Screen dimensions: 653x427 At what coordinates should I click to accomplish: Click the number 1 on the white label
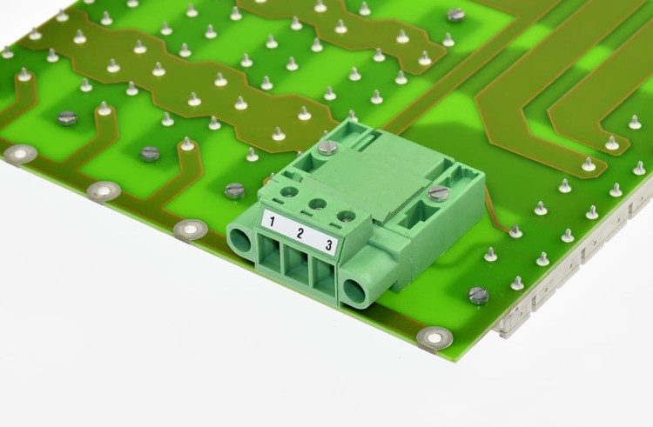coord(272,222)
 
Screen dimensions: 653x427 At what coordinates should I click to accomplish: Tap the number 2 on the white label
coord(300,233)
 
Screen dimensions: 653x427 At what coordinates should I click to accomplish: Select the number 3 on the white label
coord(329,245)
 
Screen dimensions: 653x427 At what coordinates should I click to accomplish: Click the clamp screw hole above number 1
coord(289,192)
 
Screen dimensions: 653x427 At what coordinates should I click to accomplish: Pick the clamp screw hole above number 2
coord(317,203)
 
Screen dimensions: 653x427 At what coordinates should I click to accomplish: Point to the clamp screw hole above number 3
coord(346,216)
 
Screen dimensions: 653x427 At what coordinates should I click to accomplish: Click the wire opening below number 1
coord(269,252)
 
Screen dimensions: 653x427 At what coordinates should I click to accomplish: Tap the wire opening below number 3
coord(325,277)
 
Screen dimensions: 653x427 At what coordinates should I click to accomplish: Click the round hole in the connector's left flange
coord(239,241)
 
